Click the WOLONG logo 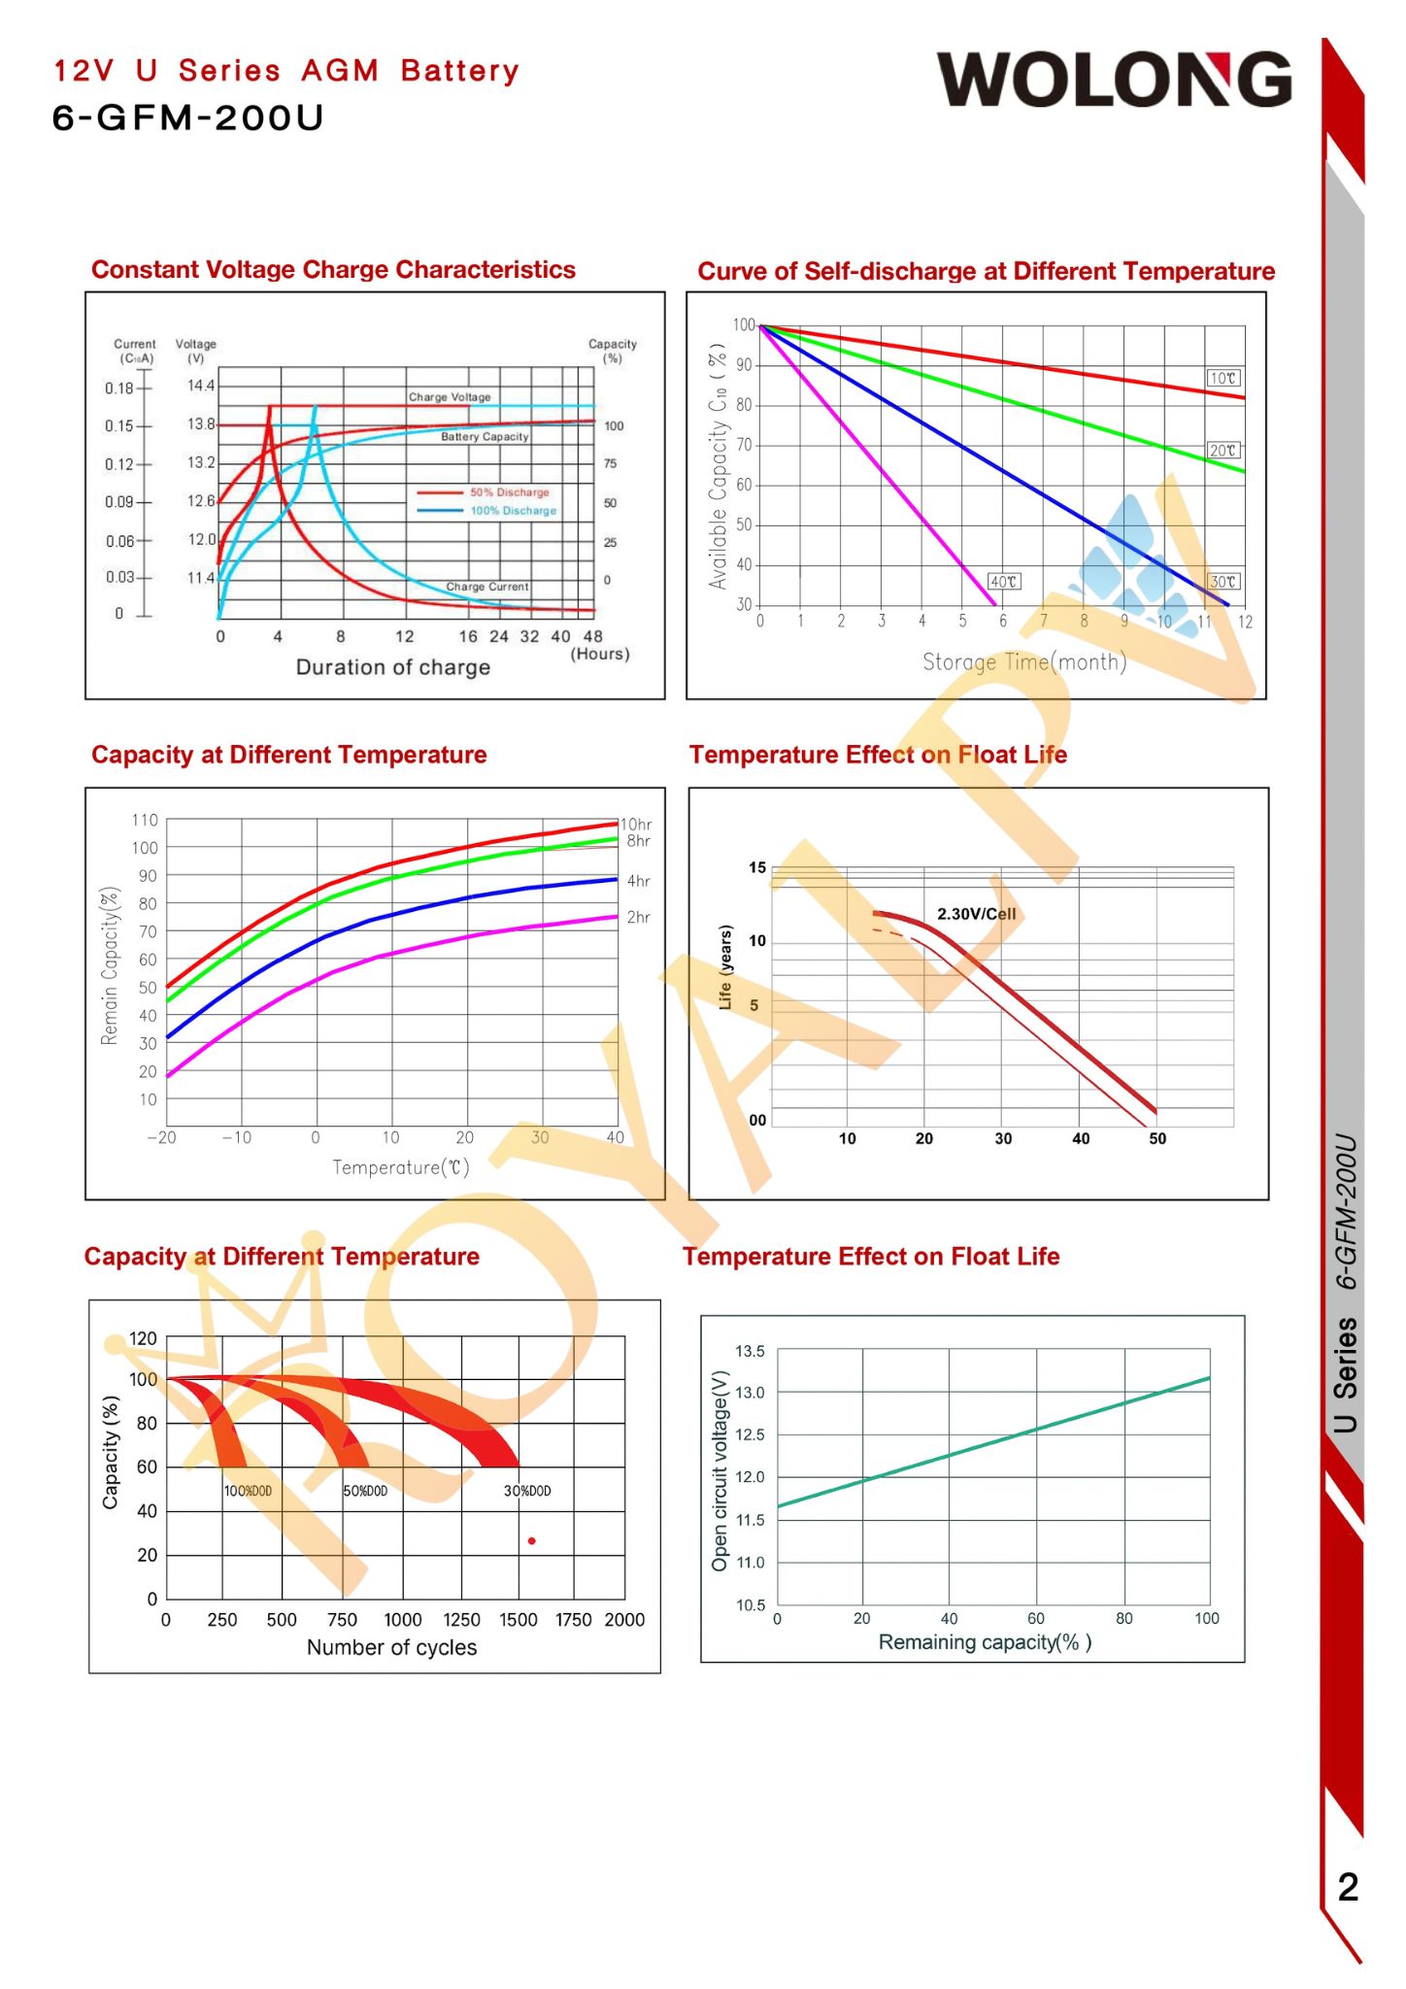tap(1114, 80)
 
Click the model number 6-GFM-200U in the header tap(187, 118)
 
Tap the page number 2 tap(1348, 1887)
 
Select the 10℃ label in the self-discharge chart tap(1222, 378)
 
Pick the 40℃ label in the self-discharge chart tap(1003, 582)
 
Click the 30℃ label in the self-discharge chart tap(1223, 582)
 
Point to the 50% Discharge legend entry tap(509, 492)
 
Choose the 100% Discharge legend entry tap(513, 511)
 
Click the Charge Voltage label tap(450, 397)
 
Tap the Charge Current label tap(487, 587)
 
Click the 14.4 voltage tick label tap(201, 386)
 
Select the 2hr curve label tap(638, 917)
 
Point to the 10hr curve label tap(636, 825)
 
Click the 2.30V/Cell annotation tap(976, 914)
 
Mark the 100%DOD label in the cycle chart tap(248, 1491)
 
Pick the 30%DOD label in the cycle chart tap(526, 1491)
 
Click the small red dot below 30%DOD tap(531, 1541)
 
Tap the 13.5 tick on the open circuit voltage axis tap(750, 1351)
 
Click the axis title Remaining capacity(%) tap(985, 1642)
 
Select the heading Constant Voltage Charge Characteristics tap(333, 270)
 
